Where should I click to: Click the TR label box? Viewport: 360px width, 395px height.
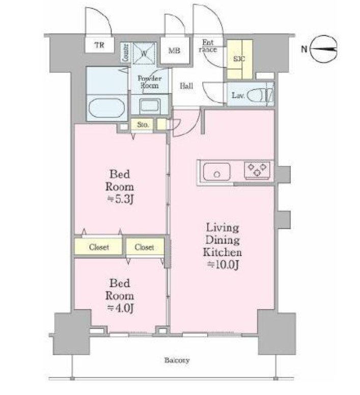click(x=99, y=45)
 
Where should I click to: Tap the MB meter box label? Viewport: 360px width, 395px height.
click(x=174, y=50)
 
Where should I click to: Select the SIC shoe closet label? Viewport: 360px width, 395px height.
click(x=239, y=59)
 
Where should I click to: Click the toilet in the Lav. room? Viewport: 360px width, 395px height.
click(x=260, y=95)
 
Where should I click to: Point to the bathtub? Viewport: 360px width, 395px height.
click(x=106, y=108)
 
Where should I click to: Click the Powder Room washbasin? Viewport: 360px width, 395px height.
click(x=150, y=106)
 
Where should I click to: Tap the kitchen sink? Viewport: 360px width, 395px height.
click(x=216, y=172)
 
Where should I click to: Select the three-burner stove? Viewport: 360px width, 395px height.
click(x=257, y=170)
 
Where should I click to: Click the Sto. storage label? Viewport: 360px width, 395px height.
click(x=143, y=124)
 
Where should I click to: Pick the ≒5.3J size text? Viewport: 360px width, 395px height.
click(x=120, y=199)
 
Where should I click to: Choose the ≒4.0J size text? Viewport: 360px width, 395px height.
click(x=120, y=308)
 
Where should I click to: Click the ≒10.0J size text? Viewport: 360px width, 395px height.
click(x=223, y=265)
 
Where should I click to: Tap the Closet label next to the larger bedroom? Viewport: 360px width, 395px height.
click(x=99, y=247)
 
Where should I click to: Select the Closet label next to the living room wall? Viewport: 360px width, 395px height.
click(x=144, y=247)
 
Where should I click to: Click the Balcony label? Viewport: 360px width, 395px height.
click(x=177, y=360)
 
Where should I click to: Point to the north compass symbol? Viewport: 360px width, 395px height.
click(x=323, y=49)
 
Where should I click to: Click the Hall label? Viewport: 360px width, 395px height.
click(x=186, y=86)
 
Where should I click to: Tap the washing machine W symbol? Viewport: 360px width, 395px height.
click(x=144, y=54)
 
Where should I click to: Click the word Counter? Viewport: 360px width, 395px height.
click(x=125, y=52)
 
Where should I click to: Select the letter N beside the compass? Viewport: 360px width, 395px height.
click(x=304, y=49)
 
